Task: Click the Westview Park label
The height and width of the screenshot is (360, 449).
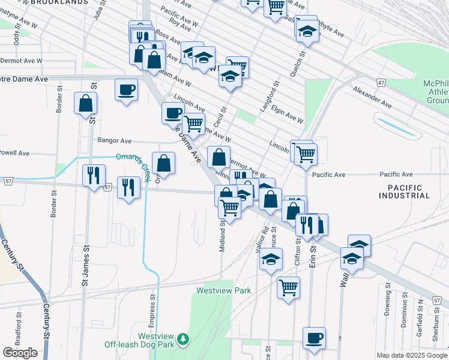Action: tap(224, 290)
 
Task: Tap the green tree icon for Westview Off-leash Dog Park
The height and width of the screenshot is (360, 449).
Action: tap(185, 340)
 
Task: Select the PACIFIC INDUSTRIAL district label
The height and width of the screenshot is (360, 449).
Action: tap(404, 191)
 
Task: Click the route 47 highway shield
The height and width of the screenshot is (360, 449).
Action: tap(381, 81)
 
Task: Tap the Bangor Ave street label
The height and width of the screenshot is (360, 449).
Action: tap(114, 140)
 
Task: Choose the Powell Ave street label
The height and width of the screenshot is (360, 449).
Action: tap(14, 153)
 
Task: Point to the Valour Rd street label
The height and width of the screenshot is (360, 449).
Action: tap(265, 230)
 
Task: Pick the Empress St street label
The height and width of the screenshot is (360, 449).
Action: tap(152, 305)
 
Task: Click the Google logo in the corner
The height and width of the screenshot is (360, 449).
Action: tap(20, 353)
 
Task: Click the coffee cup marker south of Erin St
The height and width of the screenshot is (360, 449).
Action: tap(314, 338)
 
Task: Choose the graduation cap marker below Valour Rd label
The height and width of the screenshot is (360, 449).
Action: tap(271, 259)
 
